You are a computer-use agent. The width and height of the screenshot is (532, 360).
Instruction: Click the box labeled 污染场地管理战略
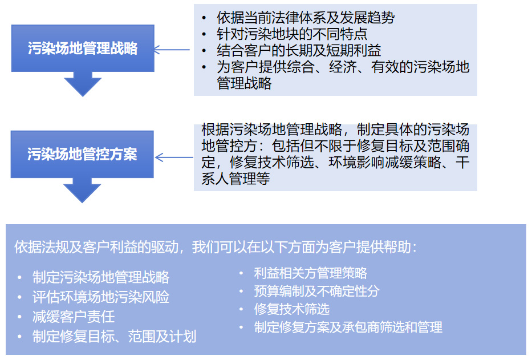[83, 48]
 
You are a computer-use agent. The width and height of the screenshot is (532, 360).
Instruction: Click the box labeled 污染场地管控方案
[82, 154]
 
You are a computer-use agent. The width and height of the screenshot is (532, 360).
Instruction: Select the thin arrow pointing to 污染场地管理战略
[172, 50]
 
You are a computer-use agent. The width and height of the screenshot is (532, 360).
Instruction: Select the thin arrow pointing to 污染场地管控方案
[174, 157]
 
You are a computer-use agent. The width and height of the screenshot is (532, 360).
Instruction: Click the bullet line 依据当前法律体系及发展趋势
[306, 18]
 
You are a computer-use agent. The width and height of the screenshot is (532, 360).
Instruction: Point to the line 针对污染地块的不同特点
[292, 34]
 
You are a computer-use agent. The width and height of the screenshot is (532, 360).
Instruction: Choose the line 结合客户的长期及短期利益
[299, 50]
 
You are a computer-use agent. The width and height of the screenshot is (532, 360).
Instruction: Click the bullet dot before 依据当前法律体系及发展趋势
[204, 18]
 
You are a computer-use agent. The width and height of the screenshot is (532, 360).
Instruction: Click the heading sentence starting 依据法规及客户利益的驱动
[216, 247]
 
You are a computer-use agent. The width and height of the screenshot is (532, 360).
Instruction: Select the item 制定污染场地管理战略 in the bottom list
[101, 277]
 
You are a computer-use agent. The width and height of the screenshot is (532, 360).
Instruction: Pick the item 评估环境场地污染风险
[101, 297]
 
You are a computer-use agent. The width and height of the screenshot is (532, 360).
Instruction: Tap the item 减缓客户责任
[74, 317]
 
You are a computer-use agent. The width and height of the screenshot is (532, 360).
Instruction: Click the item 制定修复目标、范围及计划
[115, 337]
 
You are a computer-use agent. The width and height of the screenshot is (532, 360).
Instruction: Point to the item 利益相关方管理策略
[310, 273]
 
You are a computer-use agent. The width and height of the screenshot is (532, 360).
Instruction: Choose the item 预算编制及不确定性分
[317, 291]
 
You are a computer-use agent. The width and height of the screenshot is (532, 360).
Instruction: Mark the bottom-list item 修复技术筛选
[292, 309]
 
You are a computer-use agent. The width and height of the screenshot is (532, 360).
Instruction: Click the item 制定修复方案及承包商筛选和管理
[348, 327]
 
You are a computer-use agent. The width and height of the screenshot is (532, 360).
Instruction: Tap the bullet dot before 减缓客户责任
[20, 317]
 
